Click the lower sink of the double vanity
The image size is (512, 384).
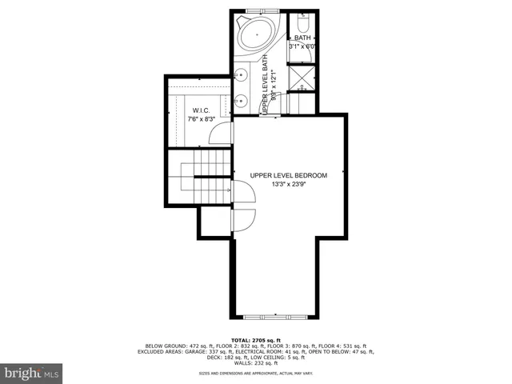tap(242, 101)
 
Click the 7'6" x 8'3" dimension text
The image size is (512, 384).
tap(201, 119)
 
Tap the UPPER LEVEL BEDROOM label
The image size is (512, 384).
tap(289, 175)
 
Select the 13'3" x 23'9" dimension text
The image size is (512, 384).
tap(289, 185)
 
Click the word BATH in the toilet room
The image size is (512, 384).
tap(302, 38)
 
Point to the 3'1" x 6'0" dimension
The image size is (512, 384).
tap(303, 46)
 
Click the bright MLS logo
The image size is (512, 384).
tap(32, 372)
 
